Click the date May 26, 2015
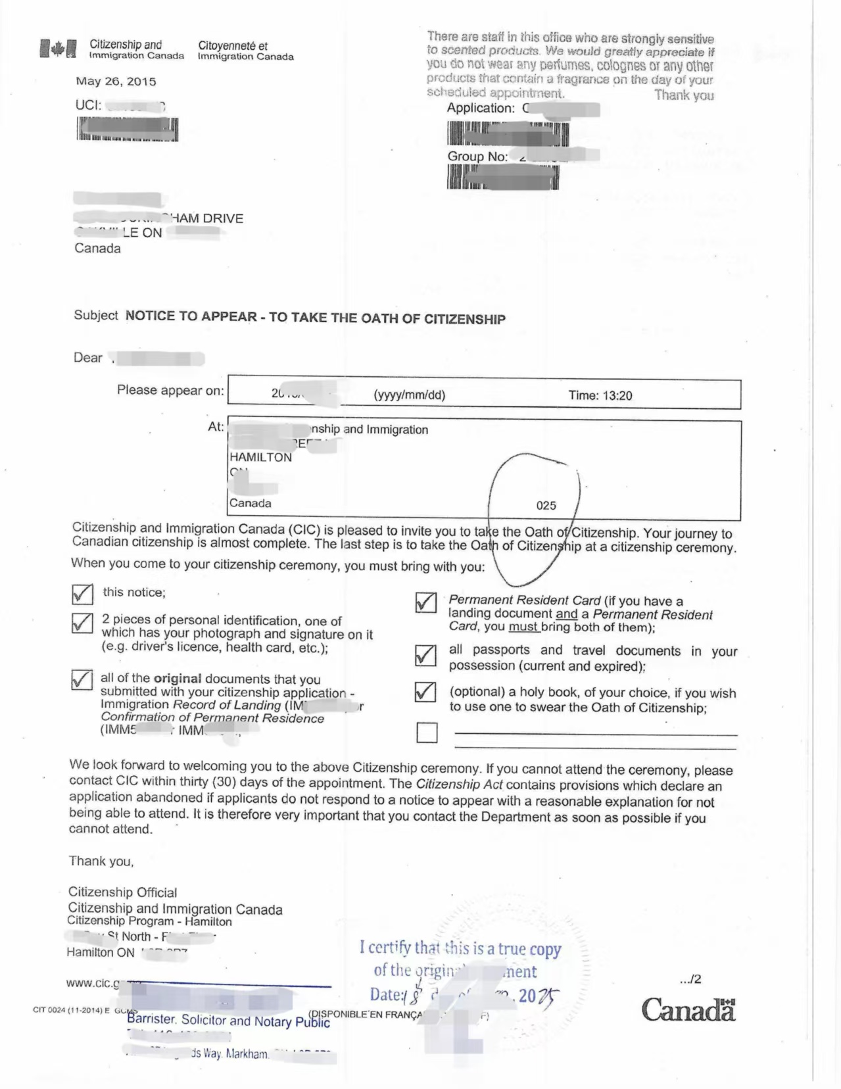pos(116,82)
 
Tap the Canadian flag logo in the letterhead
pos(58,49)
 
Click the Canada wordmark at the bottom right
pos(688,1009)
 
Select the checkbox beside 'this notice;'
pos(82,594)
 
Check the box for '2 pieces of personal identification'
pos(82,623)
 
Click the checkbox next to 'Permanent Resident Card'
pos(425,602)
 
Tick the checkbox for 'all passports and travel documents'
pos(425,655)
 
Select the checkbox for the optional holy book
pos(425,692)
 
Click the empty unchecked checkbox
pos(427,733)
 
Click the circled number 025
pos(546,505)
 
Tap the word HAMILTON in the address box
pos(260,457)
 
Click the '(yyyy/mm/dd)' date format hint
pos(409,395)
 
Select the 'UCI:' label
pos(89,105)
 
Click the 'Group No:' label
pos(477,157)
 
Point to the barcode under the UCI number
pos(127,129)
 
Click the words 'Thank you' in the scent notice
pos(684,95)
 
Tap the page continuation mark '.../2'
pos(690,979)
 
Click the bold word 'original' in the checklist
pos(178,678)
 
